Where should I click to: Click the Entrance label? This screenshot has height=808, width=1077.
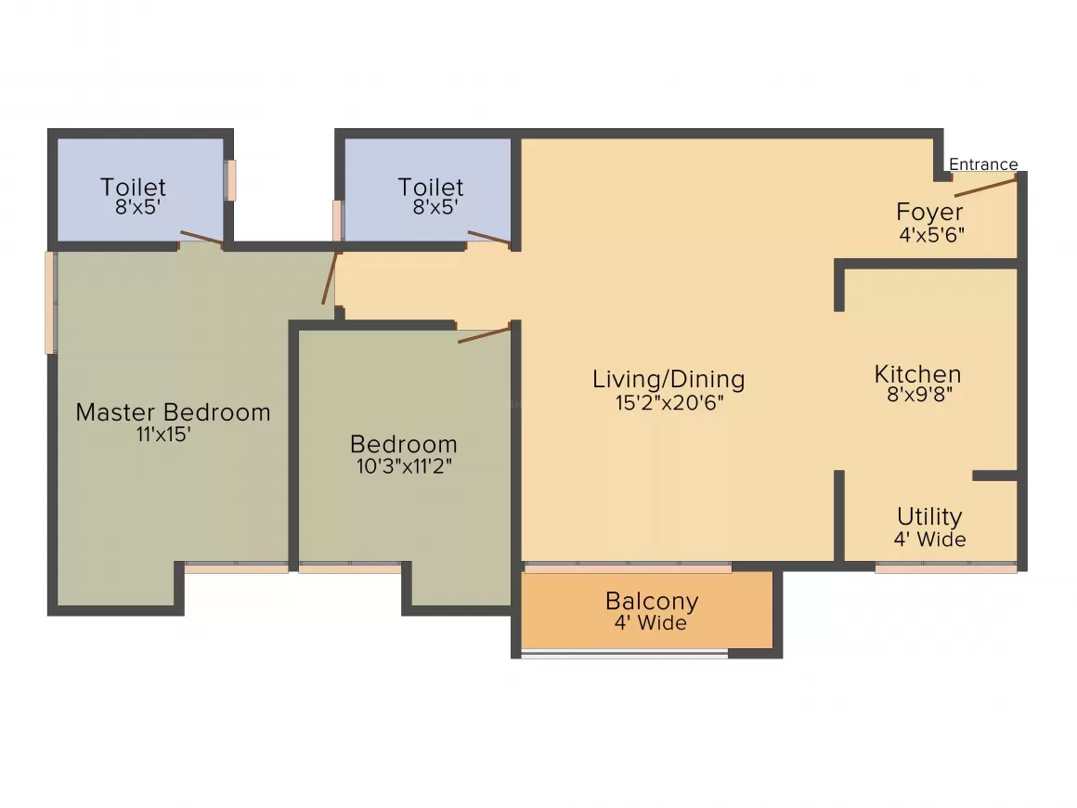click(983, 164)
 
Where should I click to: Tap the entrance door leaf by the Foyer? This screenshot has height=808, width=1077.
click(985, 187)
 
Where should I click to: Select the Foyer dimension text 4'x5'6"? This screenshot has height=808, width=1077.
click(931, 235)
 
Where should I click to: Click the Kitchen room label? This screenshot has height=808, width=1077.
click(917, 374)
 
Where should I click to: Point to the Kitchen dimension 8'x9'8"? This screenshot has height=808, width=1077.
click(919, 395)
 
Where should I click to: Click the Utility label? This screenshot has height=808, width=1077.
click(929, 516)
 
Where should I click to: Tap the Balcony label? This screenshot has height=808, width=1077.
click(652, 601)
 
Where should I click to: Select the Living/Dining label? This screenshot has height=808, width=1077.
click(668, 379)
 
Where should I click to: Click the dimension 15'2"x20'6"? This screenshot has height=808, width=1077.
click(669, 403)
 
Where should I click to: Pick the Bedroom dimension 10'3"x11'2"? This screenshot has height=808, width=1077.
click(404, 466)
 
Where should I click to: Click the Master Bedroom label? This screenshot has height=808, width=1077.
click(173, 412)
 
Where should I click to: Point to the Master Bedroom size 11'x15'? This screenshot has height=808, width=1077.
click(163, 435)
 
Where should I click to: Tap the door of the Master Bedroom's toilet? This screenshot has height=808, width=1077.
click(201, 238)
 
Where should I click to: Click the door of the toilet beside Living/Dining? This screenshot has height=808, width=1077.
click(488, 238)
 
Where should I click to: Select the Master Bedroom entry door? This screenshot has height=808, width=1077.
click(330, 279)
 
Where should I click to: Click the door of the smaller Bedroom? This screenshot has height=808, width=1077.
click(485, 335)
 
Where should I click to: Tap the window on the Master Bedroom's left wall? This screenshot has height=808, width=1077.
click(50, 303)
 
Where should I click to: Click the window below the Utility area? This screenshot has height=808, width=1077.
click(946, 568)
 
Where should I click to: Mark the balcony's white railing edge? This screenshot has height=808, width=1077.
click(624, 656)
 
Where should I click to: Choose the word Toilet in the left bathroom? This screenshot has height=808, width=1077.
click(134, 187)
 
